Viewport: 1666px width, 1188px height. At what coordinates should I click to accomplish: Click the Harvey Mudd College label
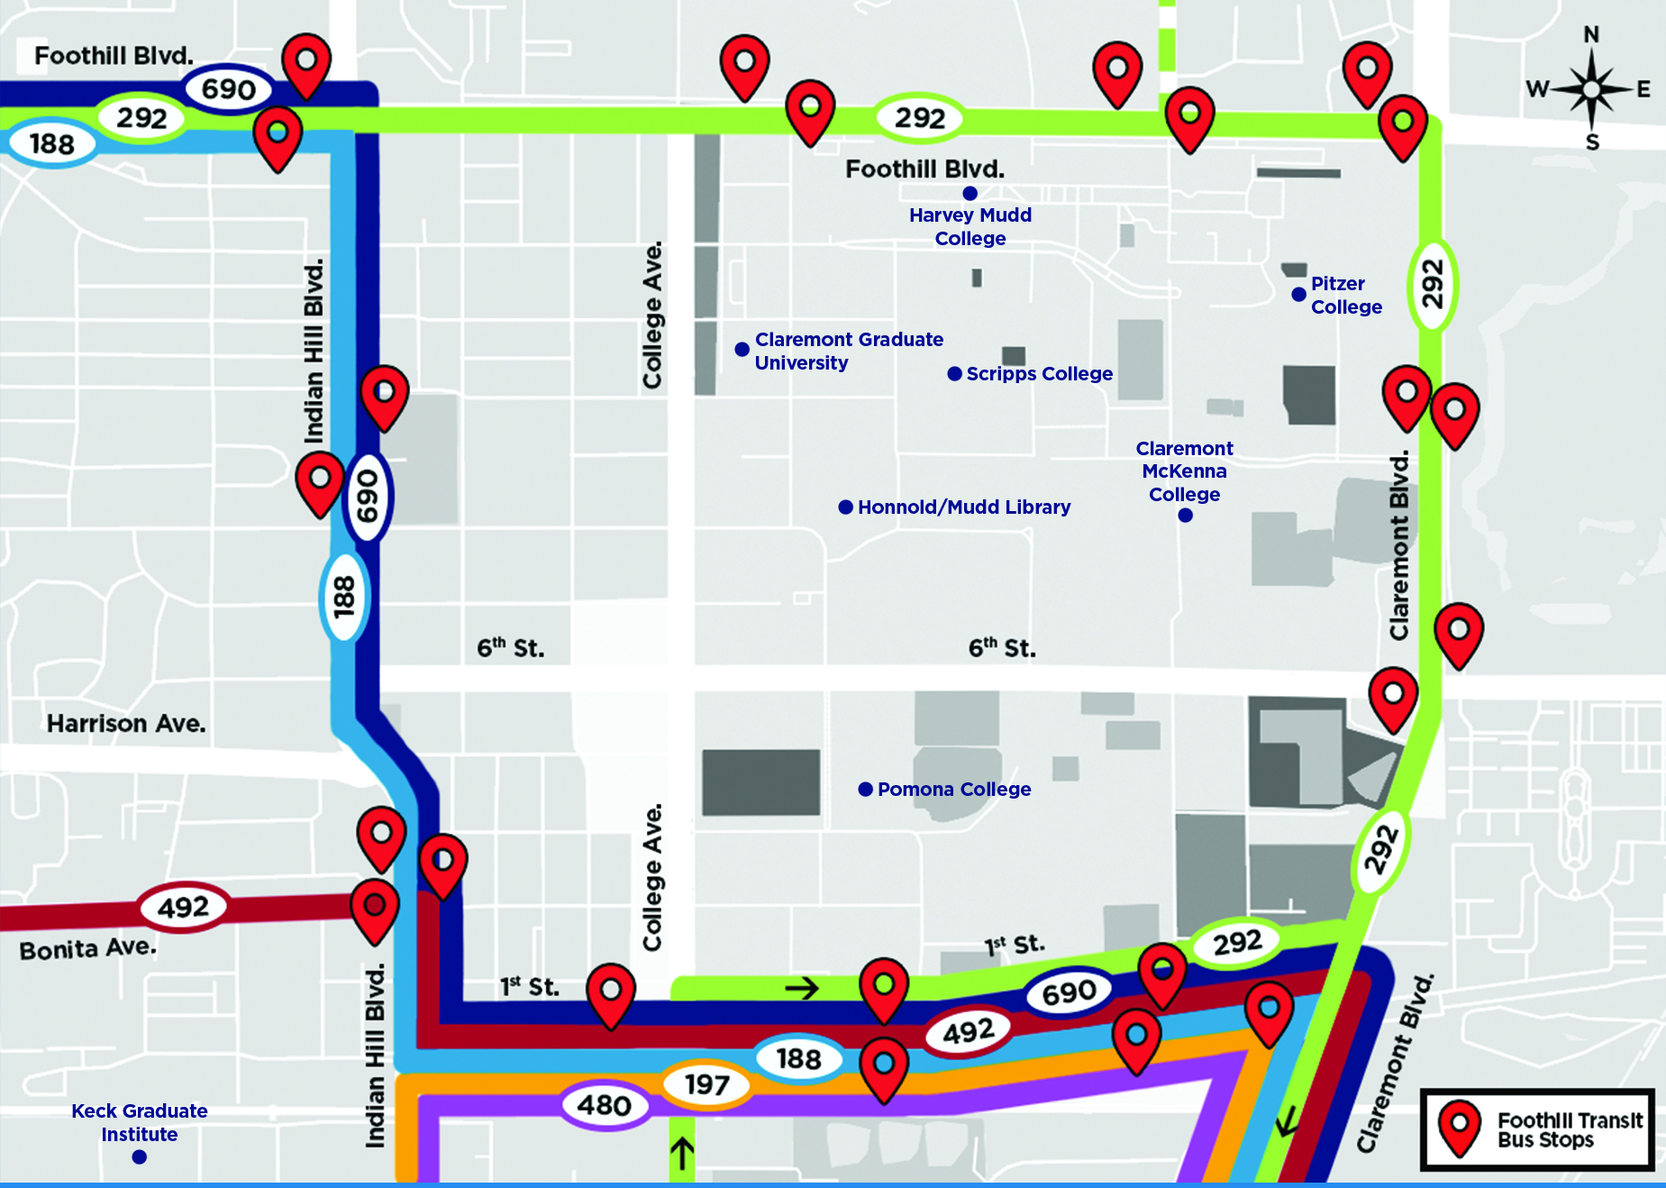coord(970,226)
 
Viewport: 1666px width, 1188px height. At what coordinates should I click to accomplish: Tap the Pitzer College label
coord(1345,295)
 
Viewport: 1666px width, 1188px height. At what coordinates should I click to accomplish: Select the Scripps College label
coord(1039,373)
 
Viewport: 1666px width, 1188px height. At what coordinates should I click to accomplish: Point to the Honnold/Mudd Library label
coord(963,507)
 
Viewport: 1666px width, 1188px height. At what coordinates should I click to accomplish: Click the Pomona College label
coord(953,789)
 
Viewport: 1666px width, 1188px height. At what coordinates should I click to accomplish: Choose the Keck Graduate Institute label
coord(140,1122)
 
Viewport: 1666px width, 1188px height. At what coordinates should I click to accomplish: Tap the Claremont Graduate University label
coord(848,351)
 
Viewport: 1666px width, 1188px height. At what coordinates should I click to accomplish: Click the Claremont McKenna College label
coord(1184,471)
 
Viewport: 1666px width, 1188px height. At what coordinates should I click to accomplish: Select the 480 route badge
coord(604,1105)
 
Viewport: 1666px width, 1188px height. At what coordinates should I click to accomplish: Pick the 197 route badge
coord(706,1084)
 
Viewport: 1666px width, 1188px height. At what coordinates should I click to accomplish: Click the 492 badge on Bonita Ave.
coord(183,907)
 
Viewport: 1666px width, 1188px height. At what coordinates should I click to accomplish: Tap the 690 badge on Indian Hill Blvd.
coord(368,496)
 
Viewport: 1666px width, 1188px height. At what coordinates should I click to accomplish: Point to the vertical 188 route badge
coord(344,597)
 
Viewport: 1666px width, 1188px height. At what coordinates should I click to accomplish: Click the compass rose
coord(1591,89)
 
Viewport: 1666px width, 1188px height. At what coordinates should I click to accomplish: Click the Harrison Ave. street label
coord(126,724)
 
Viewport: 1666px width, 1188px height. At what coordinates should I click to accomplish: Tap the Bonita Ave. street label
coord(88,949)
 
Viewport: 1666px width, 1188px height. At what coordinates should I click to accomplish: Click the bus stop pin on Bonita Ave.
coord(375,909)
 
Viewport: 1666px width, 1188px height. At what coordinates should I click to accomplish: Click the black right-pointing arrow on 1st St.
coord(801,989)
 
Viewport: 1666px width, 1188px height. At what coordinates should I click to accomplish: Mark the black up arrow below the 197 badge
coord(682,1153)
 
